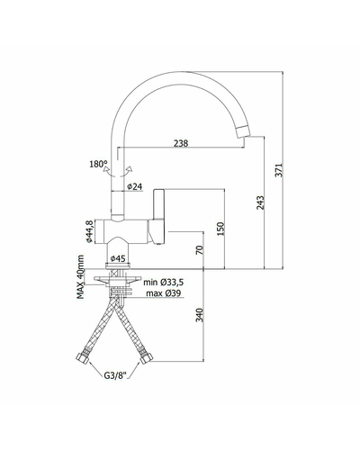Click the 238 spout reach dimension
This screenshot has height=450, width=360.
pyautogui.click(x=181, y=143)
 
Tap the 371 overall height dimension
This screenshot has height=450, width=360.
pyautogui.click(x=279, y=170)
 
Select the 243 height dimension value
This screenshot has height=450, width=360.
pyautogui.click(x=260, y=202)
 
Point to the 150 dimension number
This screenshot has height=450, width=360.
pyautogui.click(x=220, y=229)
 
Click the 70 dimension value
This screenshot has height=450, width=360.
pyautogui.click(x=200, y=250)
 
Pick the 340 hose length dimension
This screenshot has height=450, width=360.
pyautogui.click(x=200, y=315)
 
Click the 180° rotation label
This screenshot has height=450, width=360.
pyautogui.click(x=98, y=164)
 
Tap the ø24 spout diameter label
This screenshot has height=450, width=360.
pyautogui.click(x=134, y=186)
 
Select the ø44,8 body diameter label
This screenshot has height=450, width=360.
pyautogui.click(x=89, y=231)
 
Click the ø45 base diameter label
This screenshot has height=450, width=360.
pyautogui.click(x=118, y=258)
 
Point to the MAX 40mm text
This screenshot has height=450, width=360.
pyautogui.click(x=80, y=277)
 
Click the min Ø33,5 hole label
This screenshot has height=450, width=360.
pyautogui.click(x=164, y=283)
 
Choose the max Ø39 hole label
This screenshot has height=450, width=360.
pyautogui.click(x=164, y=293)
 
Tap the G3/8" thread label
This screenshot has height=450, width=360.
pyautogui.click(x=116, y=375)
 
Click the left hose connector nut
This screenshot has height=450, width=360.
pyautogui.click(x=83, y=358)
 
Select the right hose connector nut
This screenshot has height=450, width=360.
pyautogui.click(x=147, y=358)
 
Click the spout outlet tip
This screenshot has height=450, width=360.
pyautogui.click(x=243, y=132)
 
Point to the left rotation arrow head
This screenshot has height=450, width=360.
pyautogui.click(x=106, y=170)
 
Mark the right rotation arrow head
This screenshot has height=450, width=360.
pyautogui.click(x=130, y=169)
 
